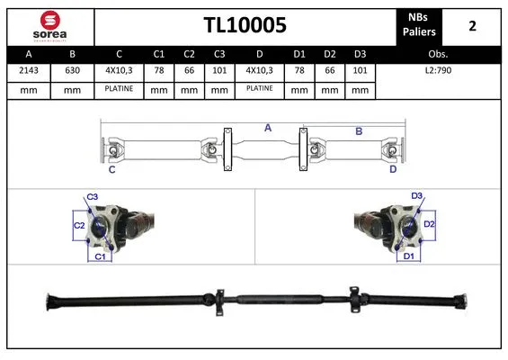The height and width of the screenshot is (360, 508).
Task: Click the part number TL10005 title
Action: tap(244, 25)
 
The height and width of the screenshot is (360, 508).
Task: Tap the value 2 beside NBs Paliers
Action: tap(471, 25)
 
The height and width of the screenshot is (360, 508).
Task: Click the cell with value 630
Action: tap(73, 71)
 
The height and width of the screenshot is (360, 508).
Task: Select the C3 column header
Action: tap(218, 53)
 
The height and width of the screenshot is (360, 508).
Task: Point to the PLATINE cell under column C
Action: tap(119, 89)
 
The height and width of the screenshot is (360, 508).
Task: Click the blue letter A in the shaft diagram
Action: tap(267, 129)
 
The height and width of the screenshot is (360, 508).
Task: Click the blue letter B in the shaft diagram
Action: tap(358, 131)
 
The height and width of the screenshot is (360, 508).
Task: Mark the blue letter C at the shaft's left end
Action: tap(111, 168)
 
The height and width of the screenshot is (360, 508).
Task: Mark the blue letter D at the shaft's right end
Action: tap(393, 168)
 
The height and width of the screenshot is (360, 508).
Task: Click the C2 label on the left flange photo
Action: tap(78, 225)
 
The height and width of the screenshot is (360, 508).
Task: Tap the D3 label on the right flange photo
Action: tap(416, 196)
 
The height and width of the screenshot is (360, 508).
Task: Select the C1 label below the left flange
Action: tap(102, 257)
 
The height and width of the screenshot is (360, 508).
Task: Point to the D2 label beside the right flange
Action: tap(429, 223)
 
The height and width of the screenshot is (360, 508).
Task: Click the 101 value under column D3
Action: tap(359, 71)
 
